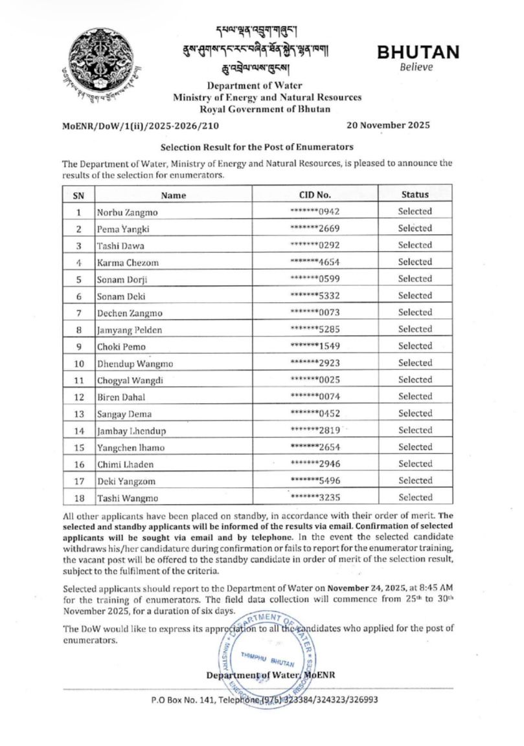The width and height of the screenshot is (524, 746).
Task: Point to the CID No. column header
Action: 315,194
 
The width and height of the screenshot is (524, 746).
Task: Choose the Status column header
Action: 415,194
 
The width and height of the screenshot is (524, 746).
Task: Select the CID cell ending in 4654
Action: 315,262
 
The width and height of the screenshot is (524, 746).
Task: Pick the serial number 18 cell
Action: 78,498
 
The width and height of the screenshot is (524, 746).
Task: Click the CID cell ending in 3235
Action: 315,498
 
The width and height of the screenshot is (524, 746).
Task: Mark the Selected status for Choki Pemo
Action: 415,346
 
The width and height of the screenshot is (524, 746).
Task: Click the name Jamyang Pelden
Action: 129,329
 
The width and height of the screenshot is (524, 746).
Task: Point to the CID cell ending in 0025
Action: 315,380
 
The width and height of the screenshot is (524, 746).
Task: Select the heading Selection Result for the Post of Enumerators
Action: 257,148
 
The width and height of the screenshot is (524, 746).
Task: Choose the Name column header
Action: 173,195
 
